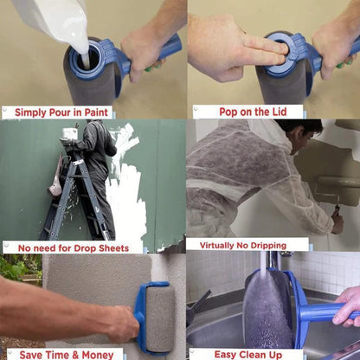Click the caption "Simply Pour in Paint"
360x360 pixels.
point(59,112)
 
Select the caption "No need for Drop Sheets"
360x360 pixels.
point(73,247)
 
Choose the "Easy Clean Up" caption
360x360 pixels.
point(247,353)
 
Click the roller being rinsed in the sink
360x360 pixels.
point(268,307)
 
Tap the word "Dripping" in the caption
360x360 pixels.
point(276,245)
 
